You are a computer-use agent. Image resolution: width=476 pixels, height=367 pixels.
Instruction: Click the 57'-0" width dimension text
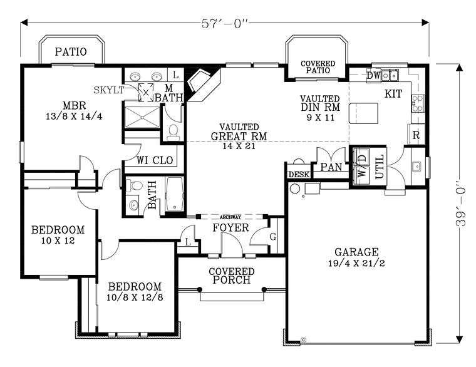(x=225, y=23)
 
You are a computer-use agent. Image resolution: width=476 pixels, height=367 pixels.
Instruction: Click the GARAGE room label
(x=356, y=252)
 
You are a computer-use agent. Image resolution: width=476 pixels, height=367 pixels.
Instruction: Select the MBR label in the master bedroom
(x=75, y=106)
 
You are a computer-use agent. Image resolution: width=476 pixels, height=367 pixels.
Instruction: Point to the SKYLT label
(x=109, y=90)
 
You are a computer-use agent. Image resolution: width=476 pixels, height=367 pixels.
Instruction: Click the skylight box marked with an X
(x=146, y=92)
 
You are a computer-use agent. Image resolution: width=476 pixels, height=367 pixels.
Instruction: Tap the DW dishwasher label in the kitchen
(x=373, y=75)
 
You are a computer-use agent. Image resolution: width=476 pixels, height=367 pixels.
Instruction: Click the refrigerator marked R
(x=416, y=135)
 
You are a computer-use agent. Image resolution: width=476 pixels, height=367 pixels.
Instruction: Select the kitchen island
(x=363, y=113)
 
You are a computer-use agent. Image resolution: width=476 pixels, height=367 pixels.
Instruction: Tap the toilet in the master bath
(x=173, y=132)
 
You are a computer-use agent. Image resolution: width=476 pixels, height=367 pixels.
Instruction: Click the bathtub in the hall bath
(x=175, y=194)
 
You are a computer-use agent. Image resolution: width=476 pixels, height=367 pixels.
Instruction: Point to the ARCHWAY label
(x=230, y=217)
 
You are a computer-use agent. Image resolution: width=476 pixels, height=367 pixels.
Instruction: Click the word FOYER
(x=230, y=228)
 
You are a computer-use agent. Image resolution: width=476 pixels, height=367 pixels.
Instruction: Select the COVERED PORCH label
(x=232, y=276)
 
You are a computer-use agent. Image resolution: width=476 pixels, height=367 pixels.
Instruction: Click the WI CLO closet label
(x=155, y=160)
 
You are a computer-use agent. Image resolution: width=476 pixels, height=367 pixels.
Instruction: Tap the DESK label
(x=299, y=175)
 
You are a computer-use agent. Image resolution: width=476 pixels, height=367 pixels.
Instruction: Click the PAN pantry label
(x=331, y=167)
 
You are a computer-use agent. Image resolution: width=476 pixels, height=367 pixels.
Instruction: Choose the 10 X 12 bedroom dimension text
(x=58, y=240)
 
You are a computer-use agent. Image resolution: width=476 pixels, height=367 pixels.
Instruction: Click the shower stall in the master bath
(x=142, y=117)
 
